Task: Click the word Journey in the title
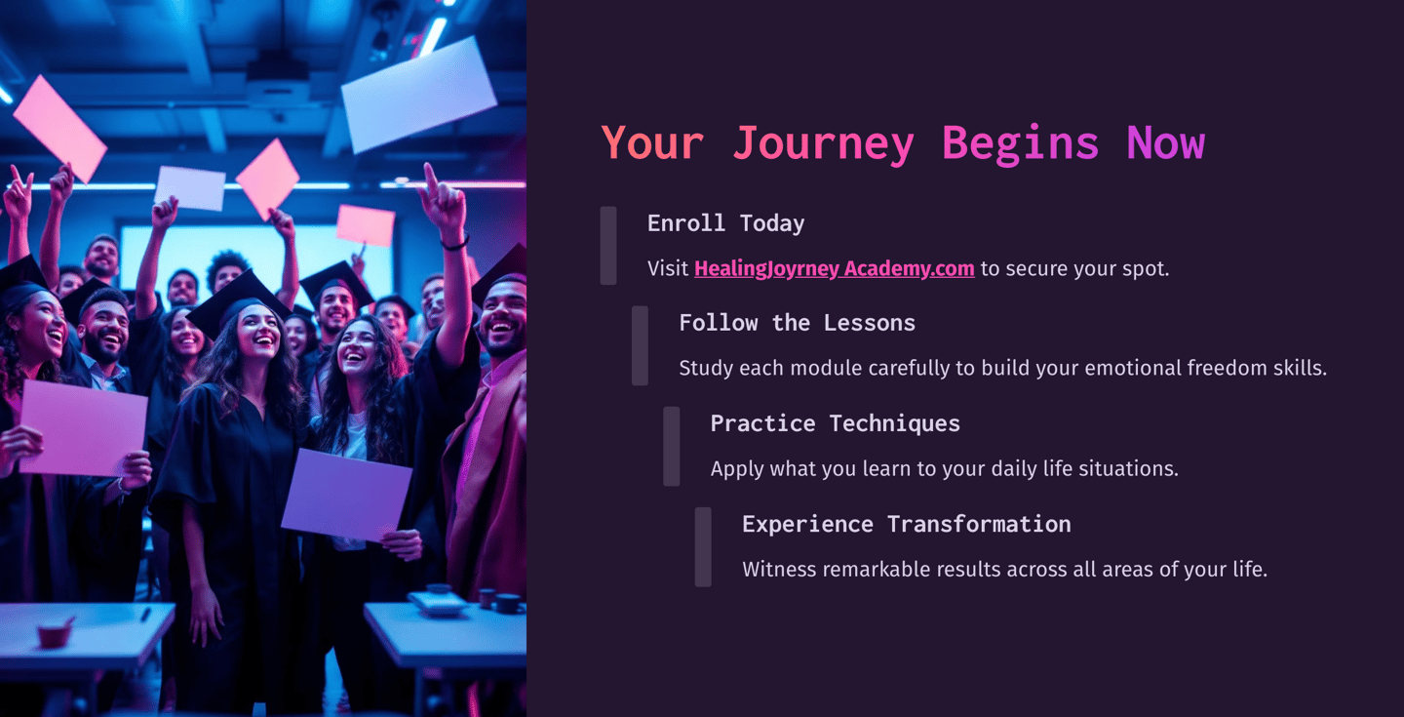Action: (823, 143)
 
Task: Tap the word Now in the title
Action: (1165, 143)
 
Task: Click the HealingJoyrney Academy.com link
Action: (834, 268)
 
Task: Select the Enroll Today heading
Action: (725, 223)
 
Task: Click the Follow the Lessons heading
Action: (797, 323)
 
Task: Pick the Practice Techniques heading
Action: (835, 423)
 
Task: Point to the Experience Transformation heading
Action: (906, 524)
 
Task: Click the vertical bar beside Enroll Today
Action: (608, 246)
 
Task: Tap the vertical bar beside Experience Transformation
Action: (703, 546)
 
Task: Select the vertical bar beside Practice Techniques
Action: (672, 446)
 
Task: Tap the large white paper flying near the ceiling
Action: (419, 95)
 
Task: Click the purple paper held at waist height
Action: (346, 496)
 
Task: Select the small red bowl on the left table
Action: (55, 634)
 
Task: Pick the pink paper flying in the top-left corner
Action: (59, 128)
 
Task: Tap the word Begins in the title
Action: (1020, 143)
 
